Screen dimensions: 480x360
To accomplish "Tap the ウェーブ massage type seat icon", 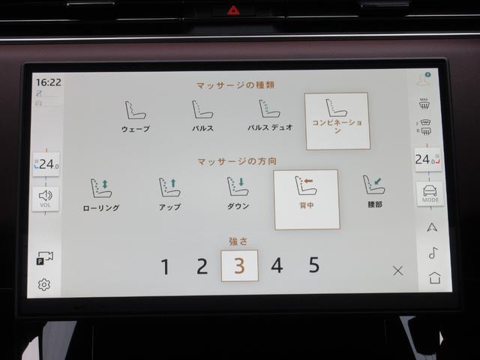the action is click(135, 110).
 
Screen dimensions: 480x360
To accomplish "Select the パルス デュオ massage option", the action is click(270, 115).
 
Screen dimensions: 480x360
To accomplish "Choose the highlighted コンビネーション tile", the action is click(337, 121).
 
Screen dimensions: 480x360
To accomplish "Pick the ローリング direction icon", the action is click(101, 188).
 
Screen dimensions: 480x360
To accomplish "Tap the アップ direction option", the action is click(169, 193).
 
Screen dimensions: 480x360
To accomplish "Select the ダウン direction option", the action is click(238, 193).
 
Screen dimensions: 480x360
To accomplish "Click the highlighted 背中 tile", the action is click(307, 199).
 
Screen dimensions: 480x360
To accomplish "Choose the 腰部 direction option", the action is click(374, 191).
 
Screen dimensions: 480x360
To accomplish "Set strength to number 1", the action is click(165, 267).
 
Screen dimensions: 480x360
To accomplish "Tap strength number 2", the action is click(202, 266).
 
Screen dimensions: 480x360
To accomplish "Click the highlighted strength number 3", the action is click(239, 265).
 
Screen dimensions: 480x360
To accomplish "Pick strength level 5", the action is click(314, 265).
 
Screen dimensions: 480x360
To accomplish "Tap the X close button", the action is click(397, 270).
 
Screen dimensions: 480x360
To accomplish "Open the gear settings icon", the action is click(44, 285).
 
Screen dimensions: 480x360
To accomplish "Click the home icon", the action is click(435, 277).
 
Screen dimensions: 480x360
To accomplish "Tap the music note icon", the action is click(433, 253).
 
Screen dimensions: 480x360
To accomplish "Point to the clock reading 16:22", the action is click(48, 82).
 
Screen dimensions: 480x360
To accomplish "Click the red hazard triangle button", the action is click(233, 10).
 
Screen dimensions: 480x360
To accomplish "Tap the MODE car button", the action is click(430, 193).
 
